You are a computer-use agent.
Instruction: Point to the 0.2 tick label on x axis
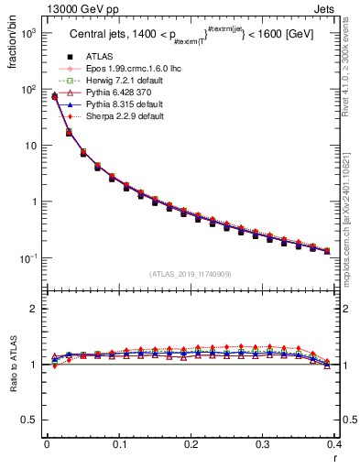[x=191, y=445]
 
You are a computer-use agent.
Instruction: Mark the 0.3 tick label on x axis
[x=263, y=445]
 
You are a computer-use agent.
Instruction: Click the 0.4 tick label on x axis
[x=335, y=445]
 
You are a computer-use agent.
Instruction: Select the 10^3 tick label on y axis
[x=27, y=33]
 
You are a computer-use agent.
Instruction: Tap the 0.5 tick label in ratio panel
[x=30, y=420]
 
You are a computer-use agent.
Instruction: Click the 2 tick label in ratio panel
[x=36, y=309]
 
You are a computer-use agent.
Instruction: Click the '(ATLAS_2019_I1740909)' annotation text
[x=191, y=274]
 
